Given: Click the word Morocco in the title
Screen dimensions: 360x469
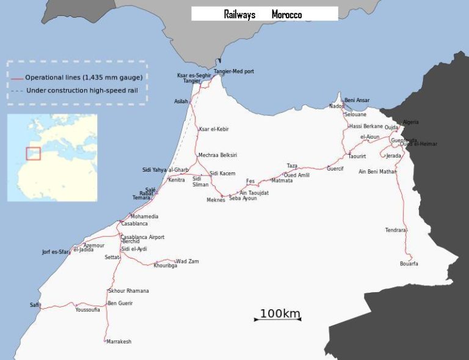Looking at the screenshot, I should [x=286, y=14].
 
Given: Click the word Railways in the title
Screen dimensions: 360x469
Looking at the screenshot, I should [x=239, y=14].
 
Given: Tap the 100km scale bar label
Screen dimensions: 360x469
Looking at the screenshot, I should [x=280, y=314].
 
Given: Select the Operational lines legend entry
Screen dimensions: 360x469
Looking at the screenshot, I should [x=83, y=78].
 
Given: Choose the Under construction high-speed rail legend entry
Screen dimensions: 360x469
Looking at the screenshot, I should [x=81, y=90].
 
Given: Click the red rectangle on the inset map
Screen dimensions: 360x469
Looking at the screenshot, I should [x=33, y=153].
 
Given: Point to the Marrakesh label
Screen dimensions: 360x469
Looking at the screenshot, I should [x=118, y=342].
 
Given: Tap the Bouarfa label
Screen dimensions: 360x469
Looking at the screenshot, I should [x=409, y=264].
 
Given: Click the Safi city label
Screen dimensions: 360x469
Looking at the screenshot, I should [x=34, y=305].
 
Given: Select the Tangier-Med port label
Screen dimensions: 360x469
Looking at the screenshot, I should [x=234, y=72].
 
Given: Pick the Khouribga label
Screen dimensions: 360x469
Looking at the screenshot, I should [x=165, y=266].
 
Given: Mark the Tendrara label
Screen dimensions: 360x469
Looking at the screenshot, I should [x=395, y=230].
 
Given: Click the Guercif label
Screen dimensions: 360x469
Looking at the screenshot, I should [x=335, y=169].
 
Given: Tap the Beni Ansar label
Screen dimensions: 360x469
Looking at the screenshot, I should [x=357, y=100].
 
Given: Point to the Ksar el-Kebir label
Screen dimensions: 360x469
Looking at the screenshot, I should [x=213, y=129].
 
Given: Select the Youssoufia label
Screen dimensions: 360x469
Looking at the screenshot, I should [x=87, y=310].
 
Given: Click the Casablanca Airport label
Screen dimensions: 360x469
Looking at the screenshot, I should [x=142, y=237].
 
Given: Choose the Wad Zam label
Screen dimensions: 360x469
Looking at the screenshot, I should [x=187, y=262].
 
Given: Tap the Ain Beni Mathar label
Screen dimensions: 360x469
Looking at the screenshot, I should [x=377, y=172].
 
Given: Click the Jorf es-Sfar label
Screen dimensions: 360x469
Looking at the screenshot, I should [x=56, y=252].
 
